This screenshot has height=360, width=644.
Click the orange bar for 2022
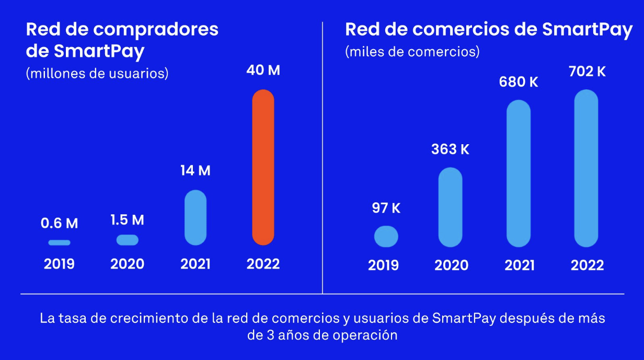tap(263, 167)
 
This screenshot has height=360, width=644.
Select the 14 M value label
tap(195, 171)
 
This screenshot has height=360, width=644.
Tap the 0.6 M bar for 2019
tap(59, 242)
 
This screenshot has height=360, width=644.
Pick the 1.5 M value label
tap(127, 220)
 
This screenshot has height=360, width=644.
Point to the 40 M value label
tap(263, 70)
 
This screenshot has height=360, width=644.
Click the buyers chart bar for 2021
tap(195, 217)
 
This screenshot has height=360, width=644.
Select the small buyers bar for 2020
tap(127, 240)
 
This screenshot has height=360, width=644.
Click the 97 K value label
tap(386, 208)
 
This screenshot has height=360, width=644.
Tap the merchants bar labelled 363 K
tap(450, 207)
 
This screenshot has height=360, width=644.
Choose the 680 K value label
tap(519, 82)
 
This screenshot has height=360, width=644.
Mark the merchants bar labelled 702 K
tap(586, 168)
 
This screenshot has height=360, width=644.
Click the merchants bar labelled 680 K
tap(519, 173)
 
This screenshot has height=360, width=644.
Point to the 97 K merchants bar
tap(386, 236)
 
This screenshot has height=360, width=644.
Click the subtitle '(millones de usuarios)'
tap(97, 74)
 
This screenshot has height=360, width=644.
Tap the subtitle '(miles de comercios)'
tap(412, 52)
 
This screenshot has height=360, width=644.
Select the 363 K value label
tap(450, 149)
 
